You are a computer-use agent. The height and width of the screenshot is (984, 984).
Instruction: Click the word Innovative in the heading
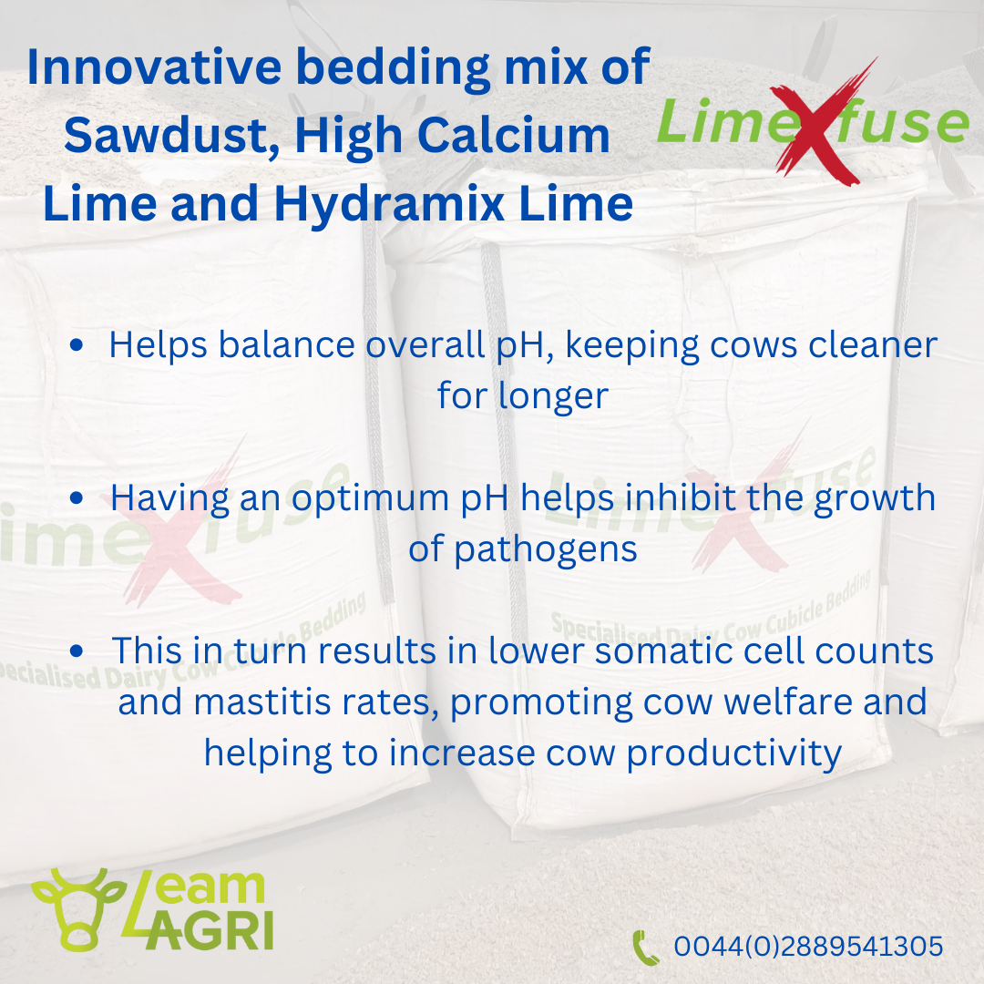pyautogui.click(x=154, y=67)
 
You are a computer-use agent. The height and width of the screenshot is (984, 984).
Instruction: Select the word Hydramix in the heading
pyautogui.click(x=389, y=204)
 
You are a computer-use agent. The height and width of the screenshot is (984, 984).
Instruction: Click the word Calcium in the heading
pyautogui.click(x=513, y=135)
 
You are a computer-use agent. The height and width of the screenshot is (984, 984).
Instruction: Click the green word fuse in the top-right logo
pyautogui.click(x=904, y=120)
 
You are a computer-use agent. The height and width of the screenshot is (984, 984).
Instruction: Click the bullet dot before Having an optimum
pyautogui.click(x=77, y=497)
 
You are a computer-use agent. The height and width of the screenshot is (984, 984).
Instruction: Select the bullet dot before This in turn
pyautogui.click(x=77, y=651)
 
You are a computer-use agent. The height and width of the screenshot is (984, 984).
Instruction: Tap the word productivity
pyautogui.click(x=734, y=753)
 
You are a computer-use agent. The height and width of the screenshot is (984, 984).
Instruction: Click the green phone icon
pyautogui.click(x=645, y=947)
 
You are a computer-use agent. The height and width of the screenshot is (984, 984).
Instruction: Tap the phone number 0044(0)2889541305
pyautogui.click(x=808, y=947)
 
